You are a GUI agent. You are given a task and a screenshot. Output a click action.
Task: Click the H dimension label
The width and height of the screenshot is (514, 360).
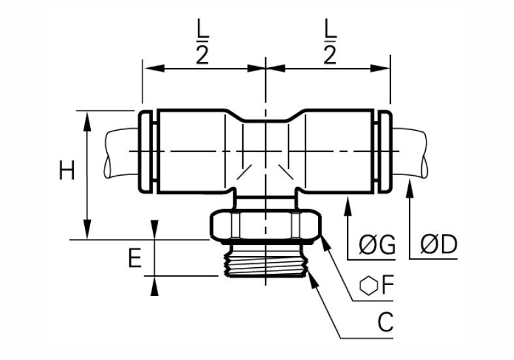click(x=67, y=170)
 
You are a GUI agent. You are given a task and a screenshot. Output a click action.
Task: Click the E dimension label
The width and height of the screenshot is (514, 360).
click(x=135, y=258)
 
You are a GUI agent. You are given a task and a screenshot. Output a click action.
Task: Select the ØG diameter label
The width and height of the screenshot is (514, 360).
click(x=377, y=244)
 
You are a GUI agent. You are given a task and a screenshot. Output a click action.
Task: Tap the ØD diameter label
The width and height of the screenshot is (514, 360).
click(x=439, y=244)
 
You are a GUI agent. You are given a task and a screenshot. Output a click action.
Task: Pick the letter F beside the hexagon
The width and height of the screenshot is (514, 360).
click(x=387, y=286)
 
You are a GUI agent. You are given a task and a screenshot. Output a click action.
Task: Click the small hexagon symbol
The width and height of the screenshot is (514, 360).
click(x=369, y=286)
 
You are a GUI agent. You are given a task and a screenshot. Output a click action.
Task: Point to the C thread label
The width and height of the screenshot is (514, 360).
click(x=385, y=322)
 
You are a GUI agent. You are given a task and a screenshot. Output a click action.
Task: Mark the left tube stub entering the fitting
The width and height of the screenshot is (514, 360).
click(x=121, y=154)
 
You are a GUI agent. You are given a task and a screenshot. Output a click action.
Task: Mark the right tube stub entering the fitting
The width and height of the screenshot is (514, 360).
click(x=410, y=154)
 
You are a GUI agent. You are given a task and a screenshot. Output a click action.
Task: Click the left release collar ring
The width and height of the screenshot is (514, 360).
click(x=145, y=152)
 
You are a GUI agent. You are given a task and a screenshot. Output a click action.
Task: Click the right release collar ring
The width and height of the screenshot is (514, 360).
click(x=384, y=152)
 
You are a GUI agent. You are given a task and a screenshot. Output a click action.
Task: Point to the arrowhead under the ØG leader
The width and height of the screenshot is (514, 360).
click(x=348, y=206)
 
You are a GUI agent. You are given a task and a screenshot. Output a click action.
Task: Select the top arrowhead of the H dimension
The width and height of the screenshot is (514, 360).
click(x=88, y=122)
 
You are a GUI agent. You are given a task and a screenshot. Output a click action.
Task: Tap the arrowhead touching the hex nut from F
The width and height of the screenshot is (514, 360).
click(x=326, y=243)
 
